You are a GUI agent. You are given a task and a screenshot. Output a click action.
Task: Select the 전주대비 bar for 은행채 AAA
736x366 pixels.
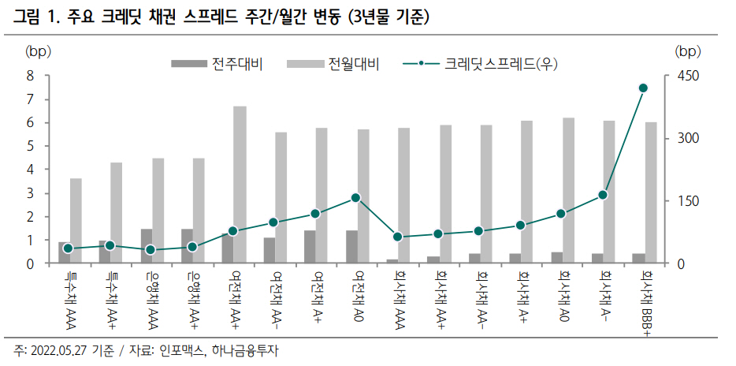(146, 246)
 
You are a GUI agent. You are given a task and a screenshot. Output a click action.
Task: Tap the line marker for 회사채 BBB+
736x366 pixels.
(643, 88)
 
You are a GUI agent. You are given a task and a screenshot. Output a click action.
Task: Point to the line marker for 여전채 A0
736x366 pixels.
(355, 198)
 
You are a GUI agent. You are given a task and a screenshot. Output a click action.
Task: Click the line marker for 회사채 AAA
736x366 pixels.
(397, 237)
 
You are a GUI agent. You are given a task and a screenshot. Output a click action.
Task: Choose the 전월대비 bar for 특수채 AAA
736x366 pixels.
(76, 221)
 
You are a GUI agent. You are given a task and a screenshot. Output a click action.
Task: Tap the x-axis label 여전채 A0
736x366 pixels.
(359, 297)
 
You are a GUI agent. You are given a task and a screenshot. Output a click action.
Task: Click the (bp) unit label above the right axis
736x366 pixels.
(687, 51)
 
